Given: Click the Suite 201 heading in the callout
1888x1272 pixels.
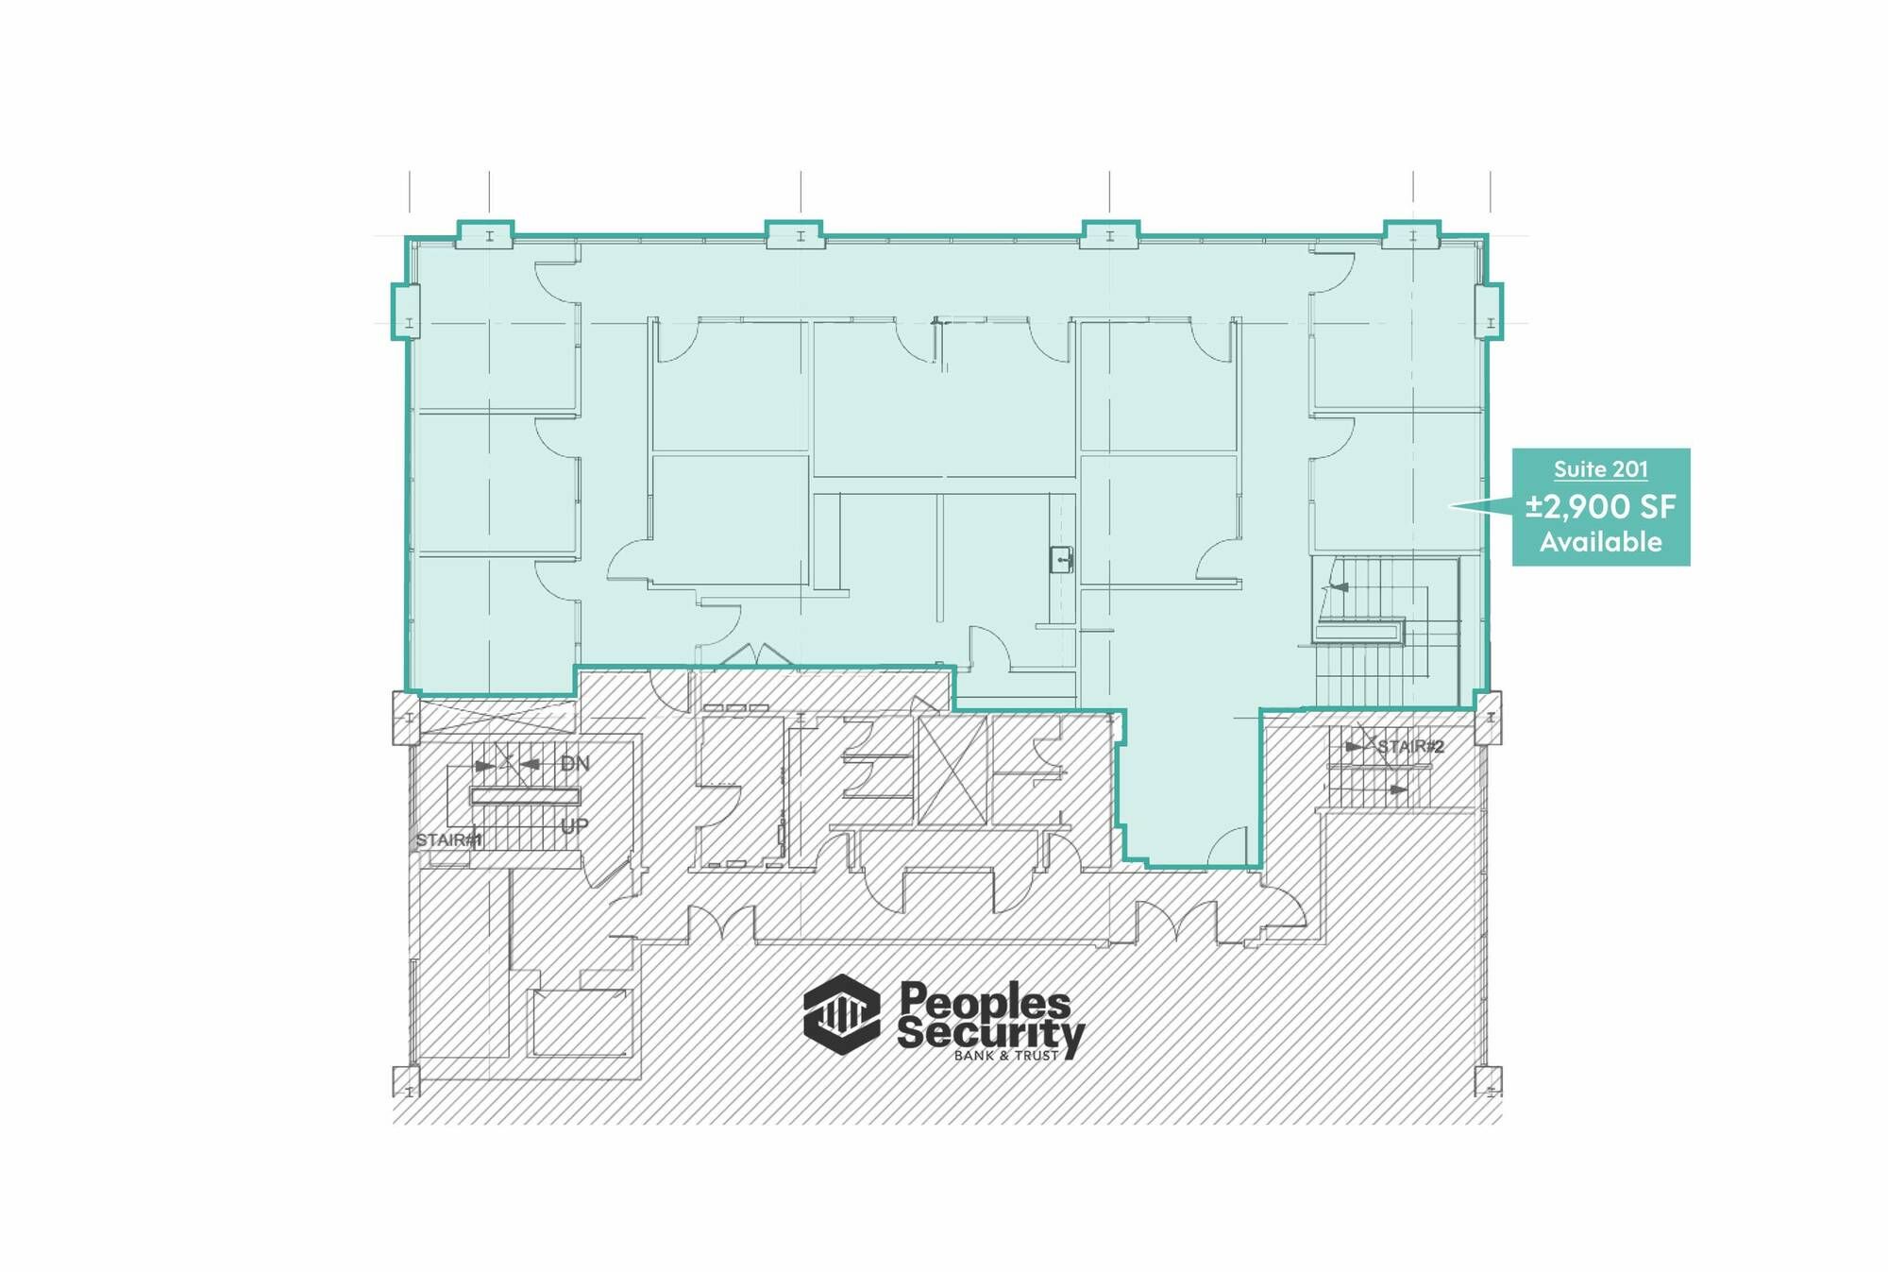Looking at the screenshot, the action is pos(1600,469).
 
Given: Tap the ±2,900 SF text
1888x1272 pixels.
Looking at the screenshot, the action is pos(1600,507).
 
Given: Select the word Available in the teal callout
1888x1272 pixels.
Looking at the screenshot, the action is pos(1600,542).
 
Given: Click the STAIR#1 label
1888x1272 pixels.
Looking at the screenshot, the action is pos(448,840).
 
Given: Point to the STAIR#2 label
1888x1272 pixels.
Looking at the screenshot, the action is pos(1410,747).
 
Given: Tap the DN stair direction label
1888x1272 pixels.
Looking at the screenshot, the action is pos(575,763).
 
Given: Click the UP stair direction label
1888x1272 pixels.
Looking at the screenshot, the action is pos(574,826).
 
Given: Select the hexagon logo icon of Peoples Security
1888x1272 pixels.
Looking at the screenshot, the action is pos(841,1014).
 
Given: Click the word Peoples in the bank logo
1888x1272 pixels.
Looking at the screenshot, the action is pos(985,1000).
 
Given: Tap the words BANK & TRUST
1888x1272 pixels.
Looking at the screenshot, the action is pos(1006,1056).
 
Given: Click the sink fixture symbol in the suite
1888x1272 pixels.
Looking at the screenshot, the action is pos(1062,560).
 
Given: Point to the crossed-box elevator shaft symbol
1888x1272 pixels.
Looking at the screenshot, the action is pos(952,770).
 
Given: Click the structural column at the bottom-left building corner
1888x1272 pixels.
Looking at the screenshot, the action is pos(406,1081).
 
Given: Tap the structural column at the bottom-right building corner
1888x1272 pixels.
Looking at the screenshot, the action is pos(1489,1081).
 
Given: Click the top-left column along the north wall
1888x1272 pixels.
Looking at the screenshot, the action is pos(486,234).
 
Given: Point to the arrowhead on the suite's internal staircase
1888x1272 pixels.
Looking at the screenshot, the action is pos(1339,587).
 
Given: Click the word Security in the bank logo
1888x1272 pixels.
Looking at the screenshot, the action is pos(990,1035).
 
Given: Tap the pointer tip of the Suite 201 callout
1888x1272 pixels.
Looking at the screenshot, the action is pos(1450,506).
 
